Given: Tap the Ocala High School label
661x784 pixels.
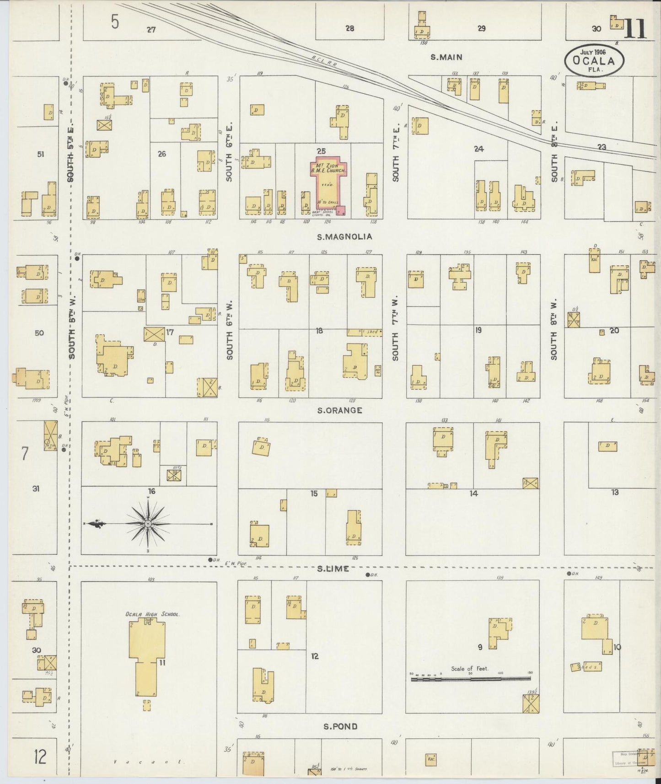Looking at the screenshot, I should click(152, 614).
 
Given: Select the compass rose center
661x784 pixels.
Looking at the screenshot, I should click(148, 523).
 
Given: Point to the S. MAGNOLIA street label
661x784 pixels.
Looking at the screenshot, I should click(344, 236).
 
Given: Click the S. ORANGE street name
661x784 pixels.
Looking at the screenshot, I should click(339, 410).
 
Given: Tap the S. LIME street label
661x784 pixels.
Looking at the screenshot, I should click(333, 569).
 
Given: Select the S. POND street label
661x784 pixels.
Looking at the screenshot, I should click(340, 726).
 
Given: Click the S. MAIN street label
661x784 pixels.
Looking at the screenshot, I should click(446, 57).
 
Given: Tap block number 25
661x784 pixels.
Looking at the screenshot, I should click(321, 150).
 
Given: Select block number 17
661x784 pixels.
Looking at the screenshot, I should click(170, 332).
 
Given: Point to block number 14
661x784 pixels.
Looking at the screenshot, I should click(473, 493).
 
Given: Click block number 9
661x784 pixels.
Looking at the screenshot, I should click(480, 646).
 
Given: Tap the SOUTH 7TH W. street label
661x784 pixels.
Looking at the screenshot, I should click(395, 329).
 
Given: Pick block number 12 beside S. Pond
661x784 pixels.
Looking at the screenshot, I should click(314, 656).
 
